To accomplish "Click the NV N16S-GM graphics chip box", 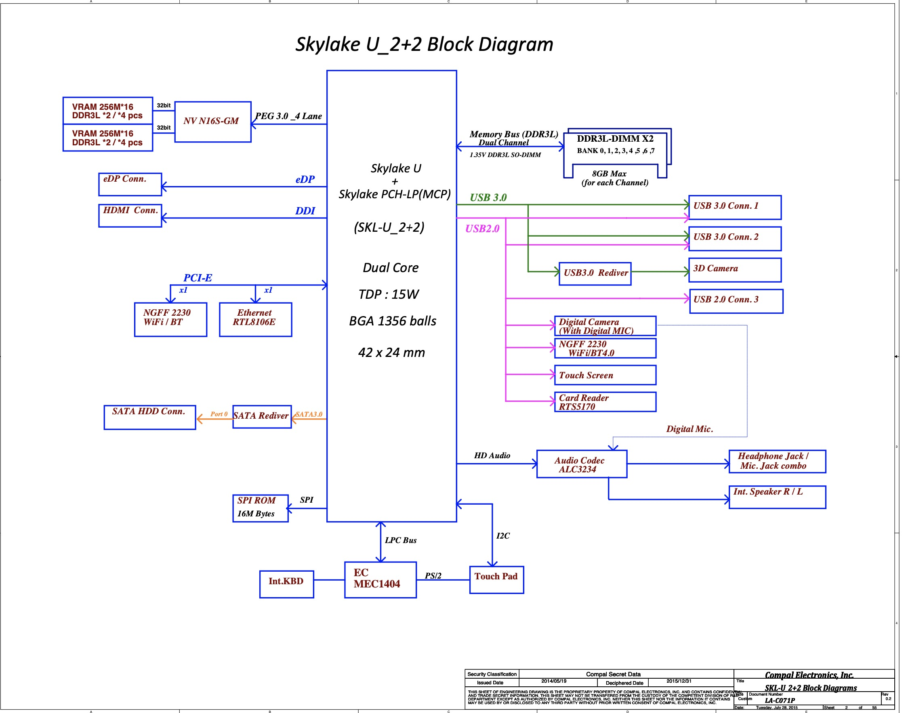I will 212,122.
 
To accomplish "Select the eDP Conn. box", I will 130,184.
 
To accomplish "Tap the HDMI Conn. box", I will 130,216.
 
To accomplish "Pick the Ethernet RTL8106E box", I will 255,319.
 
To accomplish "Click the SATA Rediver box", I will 262,416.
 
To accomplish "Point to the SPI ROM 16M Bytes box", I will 260,508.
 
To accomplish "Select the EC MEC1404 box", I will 380,579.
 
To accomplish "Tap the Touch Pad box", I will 496,579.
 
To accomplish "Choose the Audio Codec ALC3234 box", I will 581,464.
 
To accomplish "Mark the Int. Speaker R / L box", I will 777,497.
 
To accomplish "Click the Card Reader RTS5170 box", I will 605,402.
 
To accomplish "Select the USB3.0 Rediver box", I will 595,273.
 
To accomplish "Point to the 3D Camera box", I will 734,270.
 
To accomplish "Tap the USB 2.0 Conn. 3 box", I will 736,301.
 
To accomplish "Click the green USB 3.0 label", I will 488,197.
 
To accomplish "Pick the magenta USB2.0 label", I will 482,229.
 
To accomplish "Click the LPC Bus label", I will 400,540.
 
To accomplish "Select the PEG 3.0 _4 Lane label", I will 288,116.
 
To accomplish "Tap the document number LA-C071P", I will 780,700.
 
